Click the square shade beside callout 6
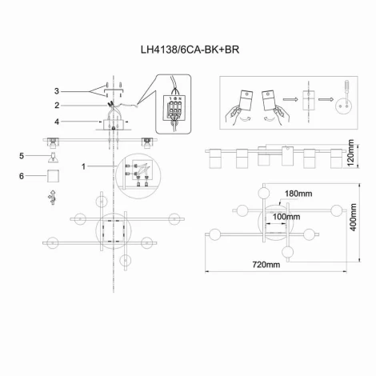pos(52,175)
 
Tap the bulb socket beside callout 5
pos(52,156)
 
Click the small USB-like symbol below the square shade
pos(52,196)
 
